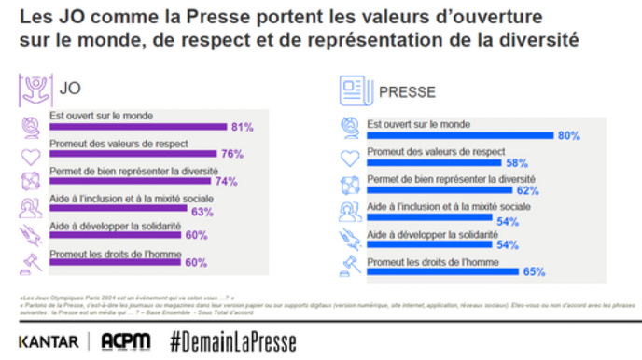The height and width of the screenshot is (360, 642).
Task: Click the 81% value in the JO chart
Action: point(242,127)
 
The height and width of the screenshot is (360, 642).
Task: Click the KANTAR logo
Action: point(49,342)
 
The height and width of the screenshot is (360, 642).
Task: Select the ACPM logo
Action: point(126,341)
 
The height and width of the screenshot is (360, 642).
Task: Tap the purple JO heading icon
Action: point(35,89)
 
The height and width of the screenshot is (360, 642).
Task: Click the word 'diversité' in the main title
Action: point(529,41)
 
